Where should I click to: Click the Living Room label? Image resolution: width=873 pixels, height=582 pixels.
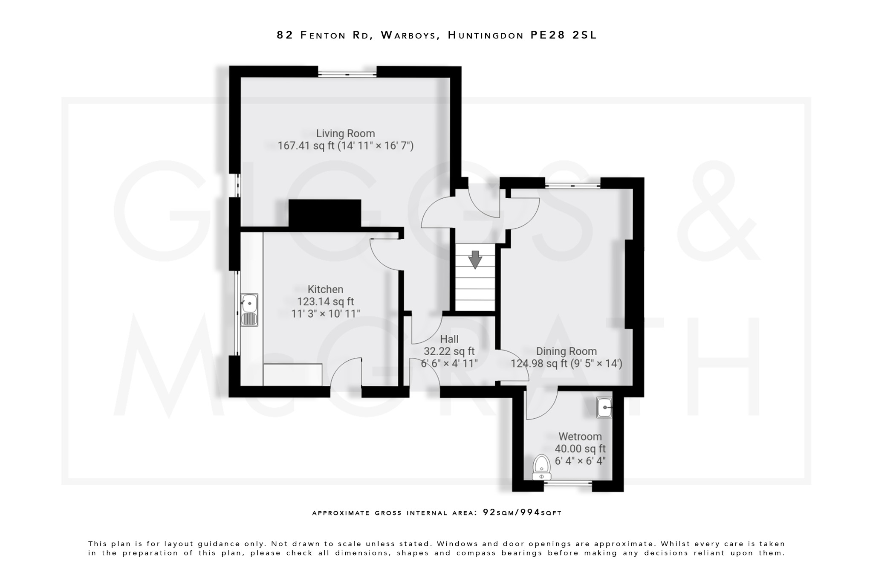point(345,133)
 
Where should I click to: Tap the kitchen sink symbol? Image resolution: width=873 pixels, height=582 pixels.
point(249,310)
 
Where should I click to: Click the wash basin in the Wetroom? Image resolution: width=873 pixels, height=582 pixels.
point(604,408)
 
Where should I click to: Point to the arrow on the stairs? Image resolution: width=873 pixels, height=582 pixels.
point(475,260)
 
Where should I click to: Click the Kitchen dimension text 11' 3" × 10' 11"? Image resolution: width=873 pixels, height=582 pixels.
point(325,314)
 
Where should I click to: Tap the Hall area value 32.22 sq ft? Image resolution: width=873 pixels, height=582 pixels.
point(449,351)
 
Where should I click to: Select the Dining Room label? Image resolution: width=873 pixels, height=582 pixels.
point(566,351)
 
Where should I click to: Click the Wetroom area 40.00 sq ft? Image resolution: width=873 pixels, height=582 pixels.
point(580,449)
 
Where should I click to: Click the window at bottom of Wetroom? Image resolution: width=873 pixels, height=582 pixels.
point(568,483)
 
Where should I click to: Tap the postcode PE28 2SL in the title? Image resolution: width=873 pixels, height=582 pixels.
point(564,35)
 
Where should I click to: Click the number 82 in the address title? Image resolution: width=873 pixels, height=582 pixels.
point(285,35)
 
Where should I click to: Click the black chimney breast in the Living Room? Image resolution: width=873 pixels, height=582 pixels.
point(325,213)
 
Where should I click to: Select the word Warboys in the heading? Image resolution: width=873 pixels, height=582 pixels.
point(410,35)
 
